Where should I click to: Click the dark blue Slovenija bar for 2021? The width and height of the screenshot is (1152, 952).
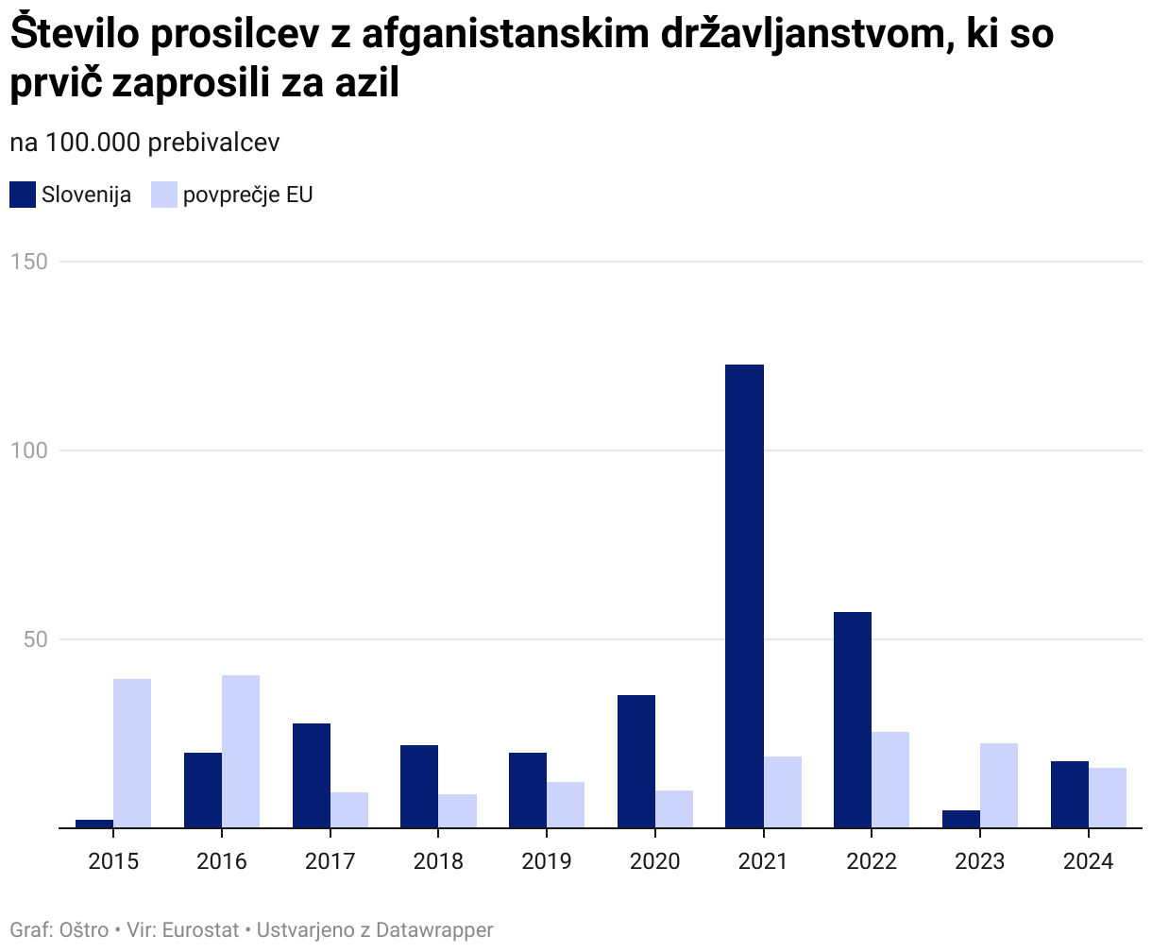744,596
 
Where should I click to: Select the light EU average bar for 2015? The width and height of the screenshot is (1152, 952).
132,753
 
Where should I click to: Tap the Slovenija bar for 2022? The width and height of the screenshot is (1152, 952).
852,720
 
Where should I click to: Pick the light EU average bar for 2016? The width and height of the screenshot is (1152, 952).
241,751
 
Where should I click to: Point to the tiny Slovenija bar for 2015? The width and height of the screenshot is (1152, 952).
94,824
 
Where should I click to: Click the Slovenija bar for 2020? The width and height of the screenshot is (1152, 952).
635,761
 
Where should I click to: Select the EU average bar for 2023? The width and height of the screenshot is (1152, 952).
998,785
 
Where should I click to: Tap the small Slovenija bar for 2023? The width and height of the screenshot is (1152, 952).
960,819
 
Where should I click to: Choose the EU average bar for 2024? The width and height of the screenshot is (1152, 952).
1107,797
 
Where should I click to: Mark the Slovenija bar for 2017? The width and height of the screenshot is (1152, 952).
311,775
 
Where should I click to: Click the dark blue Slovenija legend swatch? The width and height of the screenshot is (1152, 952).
23,195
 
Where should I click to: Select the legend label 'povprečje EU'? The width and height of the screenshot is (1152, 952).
247,195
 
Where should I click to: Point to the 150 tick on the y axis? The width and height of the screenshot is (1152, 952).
29,262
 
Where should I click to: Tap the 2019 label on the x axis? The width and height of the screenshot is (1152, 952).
546,861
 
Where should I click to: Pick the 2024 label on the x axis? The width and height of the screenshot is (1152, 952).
1088,861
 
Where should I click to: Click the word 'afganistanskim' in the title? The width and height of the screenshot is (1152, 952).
485,36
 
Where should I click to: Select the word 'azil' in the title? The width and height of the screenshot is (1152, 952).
365,83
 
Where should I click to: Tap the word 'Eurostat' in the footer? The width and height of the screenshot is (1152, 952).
200,930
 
